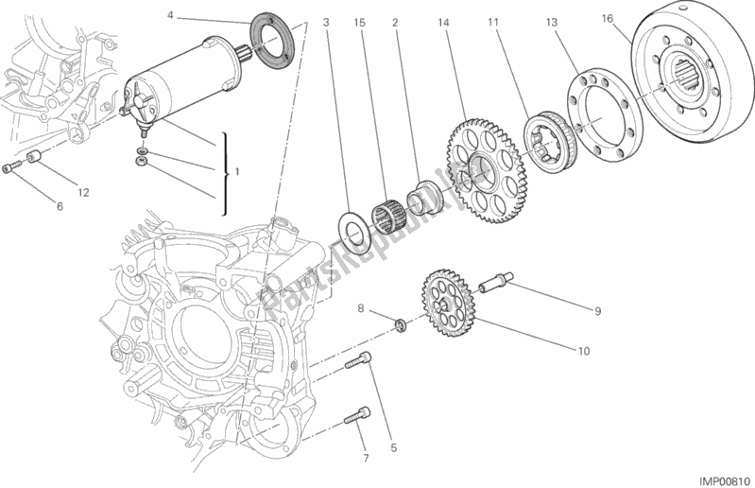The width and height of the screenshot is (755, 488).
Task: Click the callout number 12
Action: click(x=82, y=193)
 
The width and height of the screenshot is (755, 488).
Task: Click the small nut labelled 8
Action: click(x=400, y=326)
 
